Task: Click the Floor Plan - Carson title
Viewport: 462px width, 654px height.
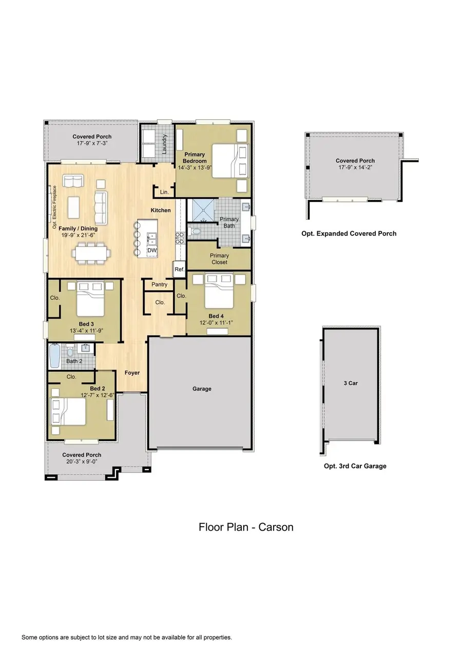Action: [246, 527]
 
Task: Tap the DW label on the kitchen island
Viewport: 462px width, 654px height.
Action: [151, 250]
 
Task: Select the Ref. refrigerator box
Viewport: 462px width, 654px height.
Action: [179, 269]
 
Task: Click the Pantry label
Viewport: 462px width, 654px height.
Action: [160, 285]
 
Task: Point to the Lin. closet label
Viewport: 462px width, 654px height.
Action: [164, 192]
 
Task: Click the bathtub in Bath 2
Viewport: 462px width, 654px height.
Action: [54, 355]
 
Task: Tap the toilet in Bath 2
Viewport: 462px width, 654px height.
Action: [71, 353]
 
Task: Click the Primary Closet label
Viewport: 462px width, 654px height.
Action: [219, 259]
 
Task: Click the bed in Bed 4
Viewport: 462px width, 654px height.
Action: [221, 293]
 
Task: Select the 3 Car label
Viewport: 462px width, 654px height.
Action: [350, 383]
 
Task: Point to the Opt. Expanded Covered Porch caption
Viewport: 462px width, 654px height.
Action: [349, 234]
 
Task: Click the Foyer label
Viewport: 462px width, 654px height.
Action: [132, 372]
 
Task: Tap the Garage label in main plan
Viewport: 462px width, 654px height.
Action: [202, 389]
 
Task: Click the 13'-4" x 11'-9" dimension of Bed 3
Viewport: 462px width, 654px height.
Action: [86, 331]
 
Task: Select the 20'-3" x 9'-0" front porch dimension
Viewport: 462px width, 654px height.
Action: [82, 461]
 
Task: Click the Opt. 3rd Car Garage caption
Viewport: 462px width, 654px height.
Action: [351, 466]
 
